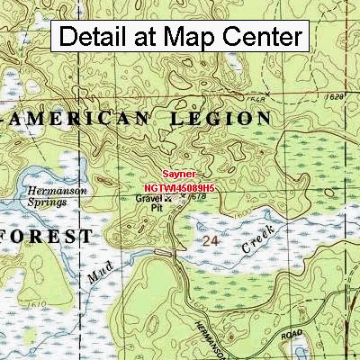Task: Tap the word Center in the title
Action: point(265,37)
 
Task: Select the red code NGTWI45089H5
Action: point(179,187)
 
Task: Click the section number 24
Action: point(211,242)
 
